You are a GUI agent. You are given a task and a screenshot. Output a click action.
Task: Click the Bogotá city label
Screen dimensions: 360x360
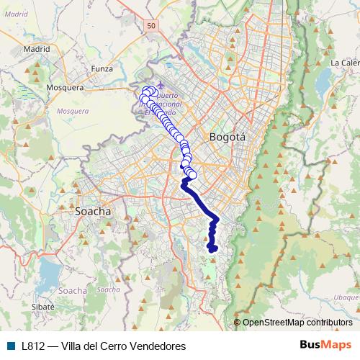pos(227,137)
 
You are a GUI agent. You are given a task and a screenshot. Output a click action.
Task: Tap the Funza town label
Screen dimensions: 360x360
pos(103,69)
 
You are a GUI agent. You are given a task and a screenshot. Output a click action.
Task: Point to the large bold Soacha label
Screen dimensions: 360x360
pos(93,212)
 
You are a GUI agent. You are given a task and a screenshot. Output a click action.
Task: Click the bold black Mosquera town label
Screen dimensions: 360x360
pos(66,87)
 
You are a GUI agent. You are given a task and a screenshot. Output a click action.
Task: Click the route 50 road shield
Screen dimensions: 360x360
pos(150,26)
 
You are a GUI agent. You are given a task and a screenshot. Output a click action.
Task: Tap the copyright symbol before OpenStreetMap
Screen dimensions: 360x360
pos(237,323)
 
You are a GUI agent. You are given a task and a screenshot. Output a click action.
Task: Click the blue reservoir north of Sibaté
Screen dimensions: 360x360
pos(49,272)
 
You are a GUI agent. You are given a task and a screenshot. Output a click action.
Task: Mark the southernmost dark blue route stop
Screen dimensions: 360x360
pos(212,249)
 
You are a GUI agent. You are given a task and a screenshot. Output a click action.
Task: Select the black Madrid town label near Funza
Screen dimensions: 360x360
pos(35,49)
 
